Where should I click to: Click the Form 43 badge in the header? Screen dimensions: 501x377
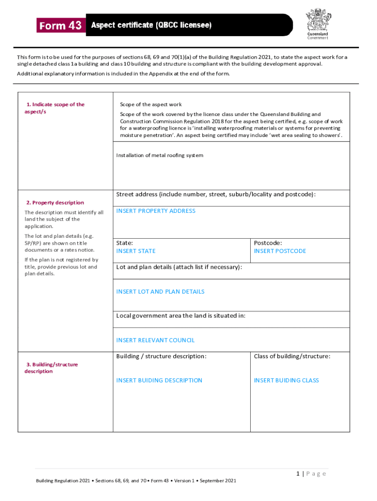(x=61, y=26)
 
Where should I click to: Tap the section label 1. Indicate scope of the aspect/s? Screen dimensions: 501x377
(x=54, y=108)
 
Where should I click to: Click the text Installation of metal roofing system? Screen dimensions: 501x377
(x=159, y=155)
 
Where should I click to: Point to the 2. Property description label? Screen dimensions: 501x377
(x=55, y=203)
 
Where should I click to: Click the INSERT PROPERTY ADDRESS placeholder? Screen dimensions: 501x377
(x=155, y=211)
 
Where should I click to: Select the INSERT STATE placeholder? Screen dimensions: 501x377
(x=136, y=251)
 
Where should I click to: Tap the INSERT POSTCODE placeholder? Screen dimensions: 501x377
(x=280, y=251)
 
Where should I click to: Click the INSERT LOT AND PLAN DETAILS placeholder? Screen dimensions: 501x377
(x=160, y=292)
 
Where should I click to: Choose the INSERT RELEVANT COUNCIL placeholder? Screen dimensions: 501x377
(x=155, y=340)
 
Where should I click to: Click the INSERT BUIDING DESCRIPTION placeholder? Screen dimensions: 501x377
(x=159, y=380)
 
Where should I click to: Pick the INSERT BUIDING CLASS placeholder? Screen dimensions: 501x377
(x=286, y=380)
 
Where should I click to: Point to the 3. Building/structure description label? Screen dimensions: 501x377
(x=51, y=368)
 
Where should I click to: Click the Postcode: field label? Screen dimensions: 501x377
(x=267, y=243)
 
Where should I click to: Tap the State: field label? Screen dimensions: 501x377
(x=124, y=243)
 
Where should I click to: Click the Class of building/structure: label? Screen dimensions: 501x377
(x=292, y=356)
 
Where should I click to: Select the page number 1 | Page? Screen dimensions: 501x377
(x=310, y=474)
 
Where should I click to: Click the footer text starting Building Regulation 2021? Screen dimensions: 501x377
(x=136, y=481)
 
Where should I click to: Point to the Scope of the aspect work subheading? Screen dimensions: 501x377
(x=151, y=104)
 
